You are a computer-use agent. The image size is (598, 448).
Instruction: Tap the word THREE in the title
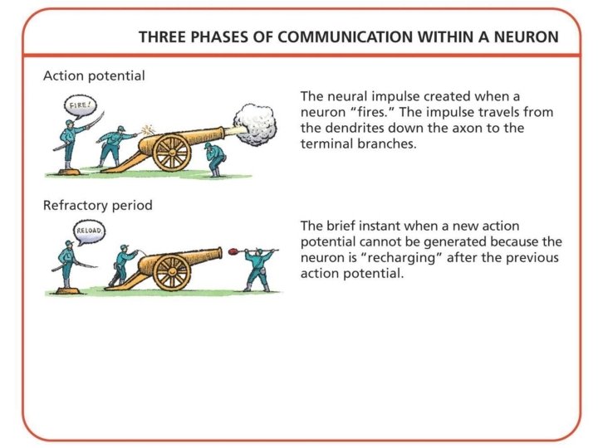160,37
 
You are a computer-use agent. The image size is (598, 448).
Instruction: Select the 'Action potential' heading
94,75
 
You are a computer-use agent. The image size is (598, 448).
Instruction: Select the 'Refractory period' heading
97,205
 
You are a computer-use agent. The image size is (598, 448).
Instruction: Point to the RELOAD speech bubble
88,231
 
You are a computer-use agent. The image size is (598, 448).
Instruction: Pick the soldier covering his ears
215,155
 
